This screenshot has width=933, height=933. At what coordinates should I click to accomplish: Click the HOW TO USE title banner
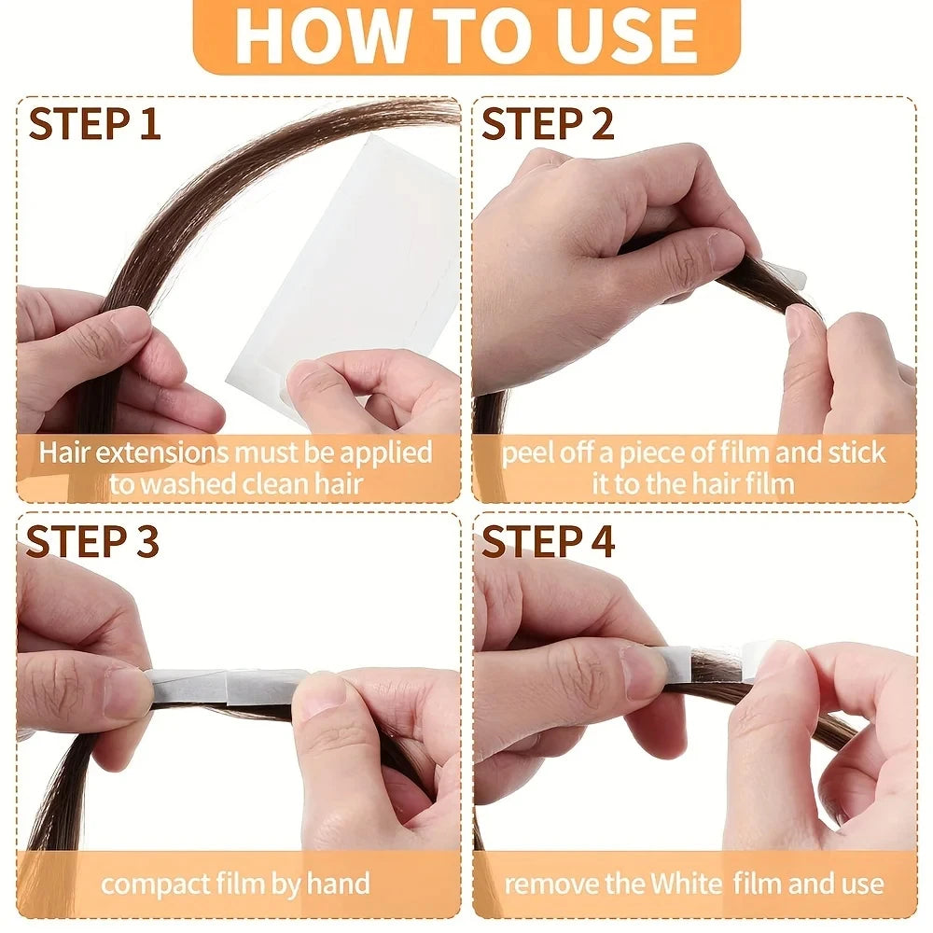pos(466,35)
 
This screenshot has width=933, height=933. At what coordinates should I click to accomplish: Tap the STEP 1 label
pos(94,124)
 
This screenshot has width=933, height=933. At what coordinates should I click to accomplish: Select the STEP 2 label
pos(549,124)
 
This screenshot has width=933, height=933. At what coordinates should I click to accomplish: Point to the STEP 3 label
pos(92,542)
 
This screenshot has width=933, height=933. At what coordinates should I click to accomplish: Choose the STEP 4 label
pos(549,542)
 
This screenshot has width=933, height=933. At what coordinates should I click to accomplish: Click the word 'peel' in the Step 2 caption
pos(528,453)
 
